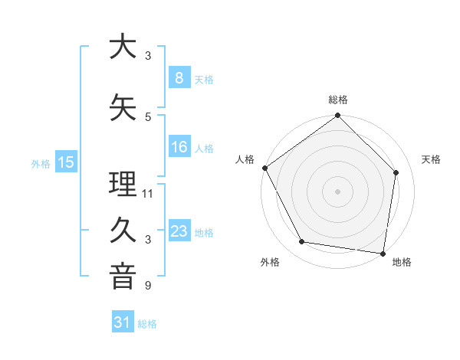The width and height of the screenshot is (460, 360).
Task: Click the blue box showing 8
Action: click(x=179, y=78)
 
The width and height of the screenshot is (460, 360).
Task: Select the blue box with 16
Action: click(x=179, y=147)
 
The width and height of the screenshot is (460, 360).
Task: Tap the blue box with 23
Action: click(x=179, y=231)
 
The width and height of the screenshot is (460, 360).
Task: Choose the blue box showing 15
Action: click(x=66, y=162)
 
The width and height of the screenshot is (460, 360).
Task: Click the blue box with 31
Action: click(x=122, y=323)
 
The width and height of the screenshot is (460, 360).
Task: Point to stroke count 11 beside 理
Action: click(x=148, y=193)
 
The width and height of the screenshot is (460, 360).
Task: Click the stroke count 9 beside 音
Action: click(x=148, y=286)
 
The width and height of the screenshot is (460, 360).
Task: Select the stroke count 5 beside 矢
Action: click(x=148, y=116)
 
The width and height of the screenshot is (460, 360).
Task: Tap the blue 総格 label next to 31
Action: click(x=147, y=324)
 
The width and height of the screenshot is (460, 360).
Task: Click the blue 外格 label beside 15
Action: click(x=41, y=163)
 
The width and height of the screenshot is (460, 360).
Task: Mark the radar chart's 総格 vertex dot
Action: click(x=337, y=116)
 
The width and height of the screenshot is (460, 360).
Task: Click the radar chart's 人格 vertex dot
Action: click(x=264, y=168)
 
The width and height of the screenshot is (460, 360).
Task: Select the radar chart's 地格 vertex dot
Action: click(x=383, y=253)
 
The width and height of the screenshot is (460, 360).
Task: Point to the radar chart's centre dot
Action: click(x=337, y=191)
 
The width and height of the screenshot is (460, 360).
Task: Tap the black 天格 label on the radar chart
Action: click(x=432, y=159)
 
